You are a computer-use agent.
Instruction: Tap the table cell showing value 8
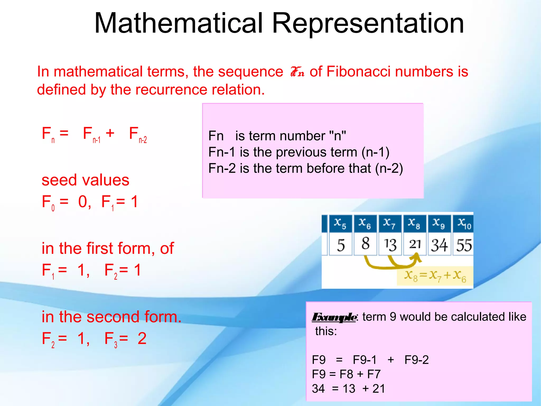point(365,244)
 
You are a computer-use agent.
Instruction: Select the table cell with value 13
point(390,244)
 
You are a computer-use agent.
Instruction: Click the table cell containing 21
point(415,244)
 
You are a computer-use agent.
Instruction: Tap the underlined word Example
point(334,317)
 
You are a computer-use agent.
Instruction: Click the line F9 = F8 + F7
point(346,374)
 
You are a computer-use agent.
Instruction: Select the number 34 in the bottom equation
point(318,389)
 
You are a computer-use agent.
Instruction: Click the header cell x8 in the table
point(414,223)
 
